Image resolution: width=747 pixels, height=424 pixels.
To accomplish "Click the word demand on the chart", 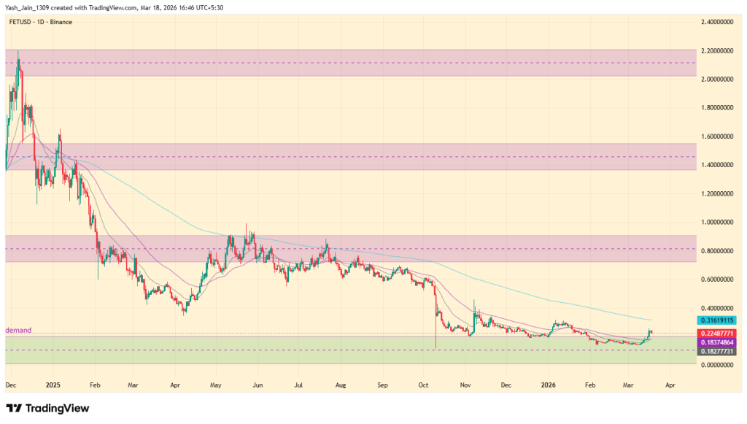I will pos(18,330).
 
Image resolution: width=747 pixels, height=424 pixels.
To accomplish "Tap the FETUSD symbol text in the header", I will pos(20,22).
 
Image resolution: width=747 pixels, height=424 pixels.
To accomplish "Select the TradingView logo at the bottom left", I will pos(47,408).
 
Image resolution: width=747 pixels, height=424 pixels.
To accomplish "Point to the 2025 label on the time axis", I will pos(52,382).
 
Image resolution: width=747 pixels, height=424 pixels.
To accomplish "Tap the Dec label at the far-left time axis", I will pos(11,382).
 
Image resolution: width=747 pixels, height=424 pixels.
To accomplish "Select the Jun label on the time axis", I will pos(258,382).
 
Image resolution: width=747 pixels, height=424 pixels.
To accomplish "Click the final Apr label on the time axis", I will pos(671,382).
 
